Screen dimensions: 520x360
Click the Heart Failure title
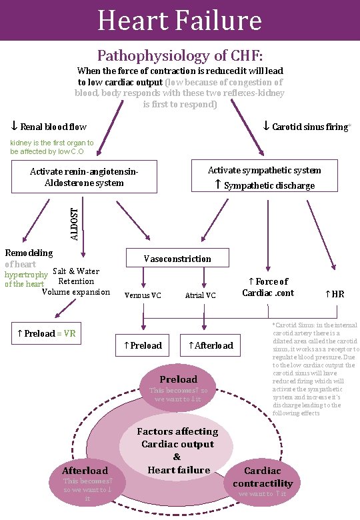(x=179, y=20)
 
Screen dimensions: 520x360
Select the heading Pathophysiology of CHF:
(x=180, y=55)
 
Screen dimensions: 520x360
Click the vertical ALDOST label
(x=75, y=223)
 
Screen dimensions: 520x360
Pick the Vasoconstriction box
(x=177, y=259)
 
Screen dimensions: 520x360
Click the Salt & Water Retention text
(x=76, y=276)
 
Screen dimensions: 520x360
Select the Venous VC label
(x=143, y=295)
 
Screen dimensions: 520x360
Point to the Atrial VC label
(x=200, y=295)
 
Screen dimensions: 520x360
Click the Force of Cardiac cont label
(x=268, y=287)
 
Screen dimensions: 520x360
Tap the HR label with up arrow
(x=334, y=293)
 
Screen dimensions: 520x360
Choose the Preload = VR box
(x=46, y=333)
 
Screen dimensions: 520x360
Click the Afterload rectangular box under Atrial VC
(x=211, y=345)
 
